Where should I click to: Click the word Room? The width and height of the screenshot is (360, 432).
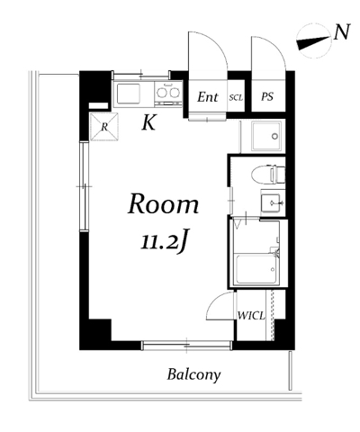(x=164, y=204)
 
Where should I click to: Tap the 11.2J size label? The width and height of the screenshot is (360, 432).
(x=166, y=241)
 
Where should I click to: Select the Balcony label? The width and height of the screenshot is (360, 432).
(x=193, y=375)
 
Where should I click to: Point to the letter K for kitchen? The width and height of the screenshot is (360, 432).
(x=149, y=122)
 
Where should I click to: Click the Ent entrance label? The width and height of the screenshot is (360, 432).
(x=208, y=97)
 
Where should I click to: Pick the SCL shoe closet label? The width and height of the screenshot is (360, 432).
(x=236, y=97)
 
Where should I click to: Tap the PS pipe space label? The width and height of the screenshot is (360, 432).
(x=267, y=96)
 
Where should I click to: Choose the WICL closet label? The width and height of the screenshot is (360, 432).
(x=251, y=316)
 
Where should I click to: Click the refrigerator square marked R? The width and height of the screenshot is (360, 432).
(x=104, y=127)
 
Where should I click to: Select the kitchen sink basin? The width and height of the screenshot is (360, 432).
(x=129, y=94)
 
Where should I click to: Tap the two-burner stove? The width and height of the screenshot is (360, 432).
(x=168, y=93)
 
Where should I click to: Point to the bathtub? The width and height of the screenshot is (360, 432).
(x=256, y=269)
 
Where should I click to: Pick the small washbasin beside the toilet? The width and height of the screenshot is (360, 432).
(x=272, y=202)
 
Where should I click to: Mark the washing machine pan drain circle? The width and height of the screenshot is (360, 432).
(x=274, y=137)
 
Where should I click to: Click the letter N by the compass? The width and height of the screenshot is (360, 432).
(x=342, y=31)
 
